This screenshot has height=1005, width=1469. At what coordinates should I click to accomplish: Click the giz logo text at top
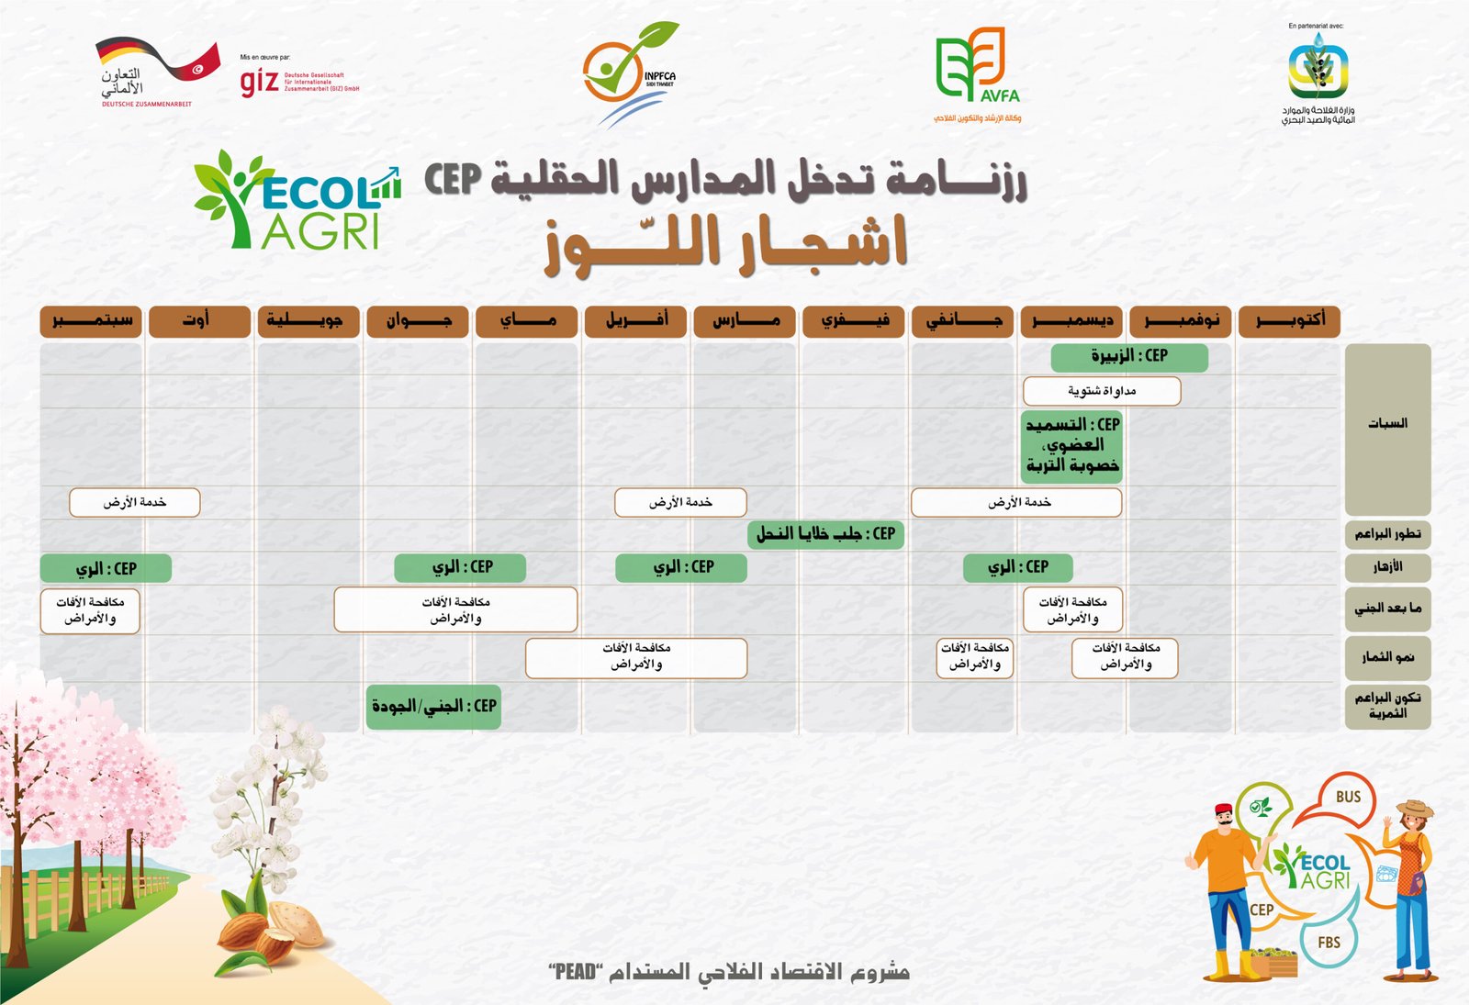pos(259,82)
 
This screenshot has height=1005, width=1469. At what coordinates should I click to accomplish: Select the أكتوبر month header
pos(1289,321)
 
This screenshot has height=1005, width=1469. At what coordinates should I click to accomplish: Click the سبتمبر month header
pos(90,321)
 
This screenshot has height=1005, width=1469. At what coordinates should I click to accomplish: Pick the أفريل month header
pos(635,321)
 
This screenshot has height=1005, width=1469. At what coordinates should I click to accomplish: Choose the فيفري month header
pos(853,321)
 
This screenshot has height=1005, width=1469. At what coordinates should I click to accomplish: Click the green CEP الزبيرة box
pos(1128,356)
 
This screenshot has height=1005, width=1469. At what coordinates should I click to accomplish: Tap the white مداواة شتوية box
pos(1101,391)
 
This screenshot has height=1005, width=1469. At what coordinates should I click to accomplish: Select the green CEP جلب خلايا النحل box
pos(825,533)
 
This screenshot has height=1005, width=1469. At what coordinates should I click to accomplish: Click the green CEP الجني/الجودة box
pos(433,707)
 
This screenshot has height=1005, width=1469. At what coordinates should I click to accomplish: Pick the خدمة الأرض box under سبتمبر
pos(134,502)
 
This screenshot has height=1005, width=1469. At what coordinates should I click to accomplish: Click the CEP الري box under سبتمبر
pos(105,568)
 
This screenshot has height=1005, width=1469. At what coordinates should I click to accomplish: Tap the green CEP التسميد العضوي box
pos(1071,446)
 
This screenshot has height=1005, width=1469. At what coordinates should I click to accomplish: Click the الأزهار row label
pos(1386,566)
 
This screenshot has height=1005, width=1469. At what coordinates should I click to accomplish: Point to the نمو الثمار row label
pos(1386,657)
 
